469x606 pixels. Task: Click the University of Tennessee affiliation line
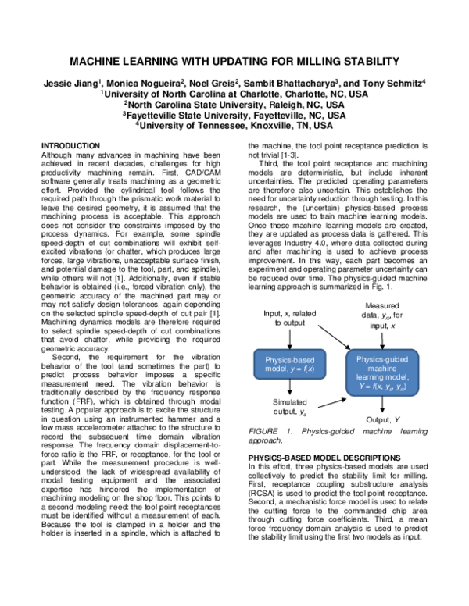coord(234,123)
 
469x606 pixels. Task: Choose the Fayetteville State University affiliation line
coord(234,113)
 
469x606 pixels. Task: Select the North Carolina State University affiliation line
coord(234,102)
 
